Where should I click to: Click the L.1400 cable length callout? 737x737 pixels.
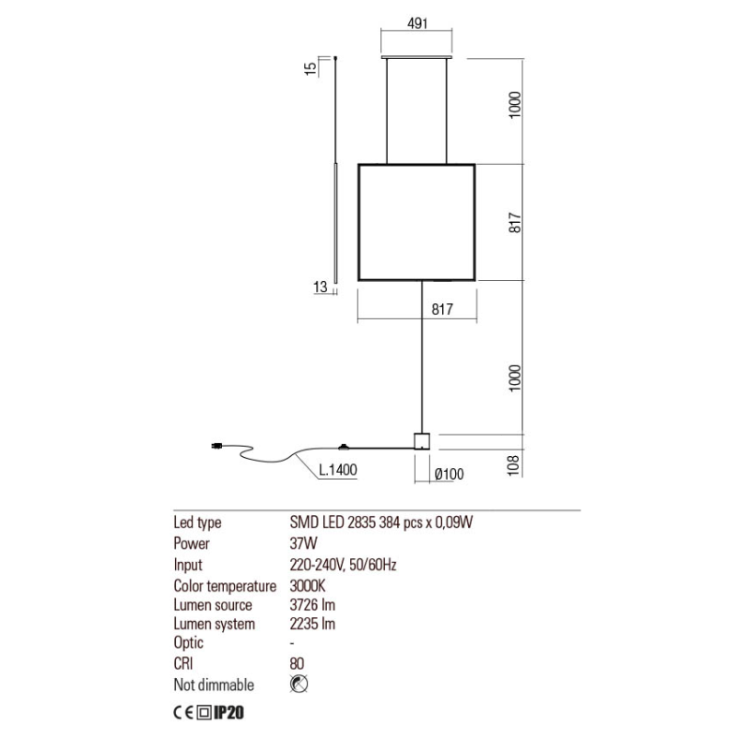337,471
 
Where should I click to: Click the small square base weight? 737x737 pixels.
423,440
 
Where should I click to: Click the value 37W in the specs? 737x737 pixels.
304,544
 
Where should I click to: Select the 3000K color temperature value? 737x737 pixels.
309,586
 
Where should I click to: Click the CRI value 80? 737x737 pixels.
297,663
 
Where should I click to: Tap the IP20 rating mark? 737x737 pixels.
235,712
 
